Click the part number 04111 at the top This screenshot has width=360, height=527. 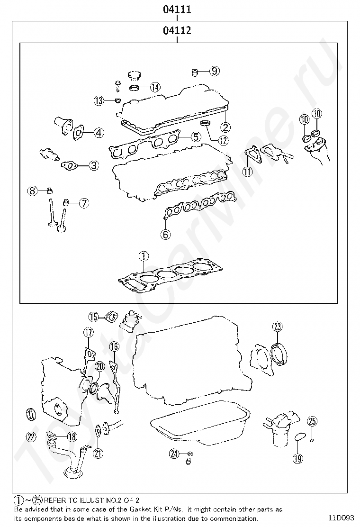[x=177, y=9]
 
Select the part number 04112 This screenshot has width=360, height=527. [x=177, y=31]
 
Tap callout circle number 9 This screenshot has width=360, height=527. [x=214, y=71]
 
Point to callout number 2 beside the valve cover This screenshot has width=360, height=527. [x=225, y=127]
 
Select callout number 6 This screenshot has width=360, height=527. [x=165, y=234]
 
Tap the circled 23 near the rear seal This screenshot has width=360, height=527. [x=277, y=326]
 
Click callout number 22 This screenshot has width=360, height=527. [x=31, y=436]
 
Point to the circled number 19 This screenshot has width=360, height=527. [x=297, y=458]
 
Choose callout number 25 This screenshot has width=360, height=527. [x=312, y=420]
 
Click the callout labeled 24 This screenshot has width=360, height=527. [x=174, y=454]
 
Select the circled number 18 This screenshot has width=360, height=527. [x=72, y=436]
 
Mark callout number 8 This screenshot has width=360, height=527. [x=32, y=191]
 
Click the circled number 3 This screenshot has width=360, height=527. [x=94, y=165]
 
